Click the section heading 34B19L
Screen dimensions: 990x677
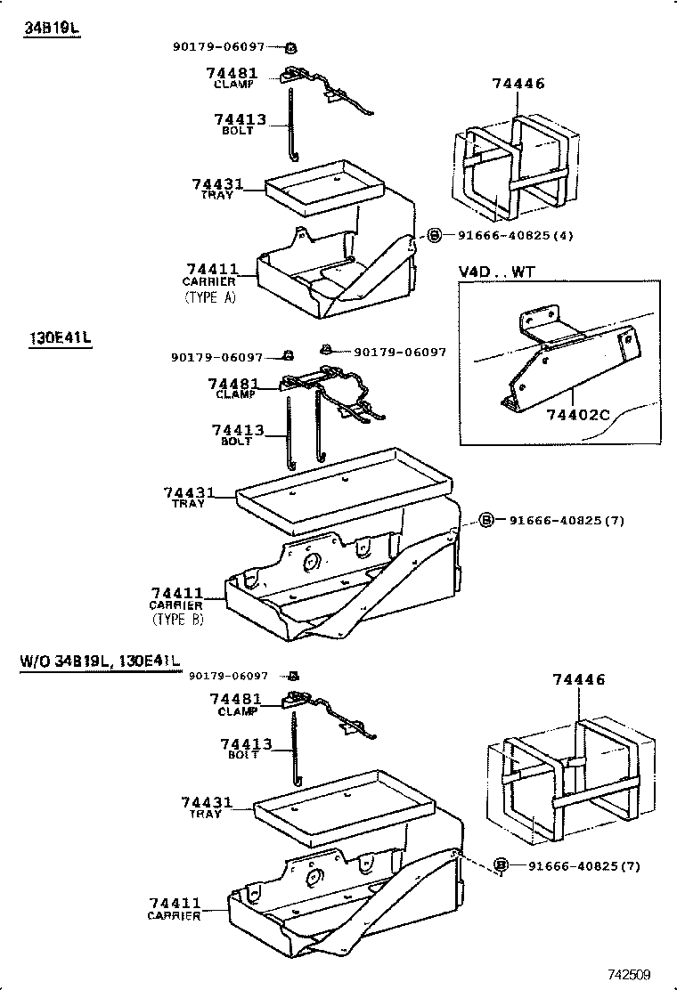pyautogui.click(x=52, y=28)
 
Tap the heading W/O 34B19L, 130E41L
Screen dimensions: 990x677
pyautogui.click(x=100, y=661)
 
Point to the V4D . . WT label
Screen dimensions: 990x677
pyautogui.click(x=496, y=272)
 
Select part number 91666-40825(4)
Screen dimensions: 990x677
pyautogui.click(x=515, y=236)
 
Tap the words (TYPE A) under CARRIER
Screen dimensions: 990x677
pyautogui.click(x=210, y=297)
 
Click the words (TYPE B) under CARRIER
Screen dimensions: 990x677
pyautogui.click(x=177, y=620)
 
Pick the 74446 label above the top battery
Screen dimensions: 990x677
pyautogui.click(x=518, y=84)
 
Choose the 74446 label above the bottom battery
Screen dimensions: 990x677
pyautogui.click(x=578, y=679)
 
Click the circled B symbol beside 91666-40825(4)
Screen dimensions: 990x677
pyautogui.click(x=434, y=236)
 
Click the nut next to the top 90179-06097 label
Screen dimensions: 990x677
pyautogui.click(x=291, y=47)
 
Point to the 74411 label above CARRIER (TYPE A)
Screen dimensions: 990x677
pyautogui.click(x=212, y=269)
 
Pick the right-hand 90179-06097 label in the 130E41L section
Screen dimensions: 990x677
pyautogui.click(x=400, y=352)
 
